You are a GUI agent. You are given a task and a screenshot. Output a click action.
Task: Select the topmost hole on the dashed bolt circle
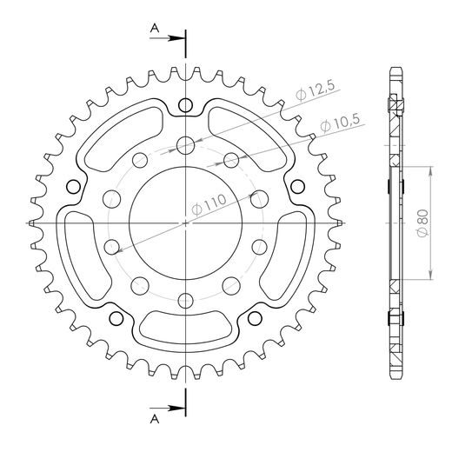[184, 144]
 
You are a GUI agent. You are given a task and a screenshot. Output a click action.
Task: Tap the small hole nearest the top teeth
[184, 106]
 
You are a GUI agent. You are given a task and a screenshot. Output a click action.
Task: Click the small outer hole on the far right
[297, 185]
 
